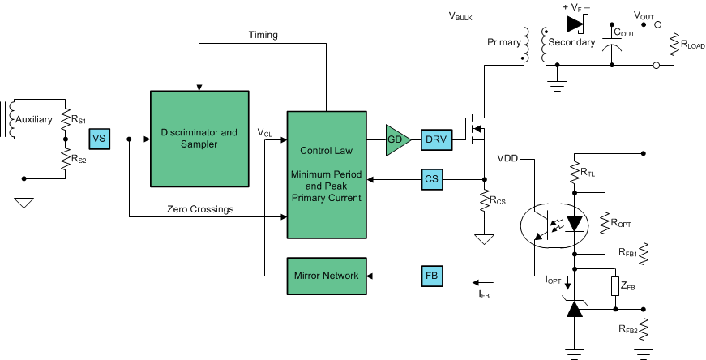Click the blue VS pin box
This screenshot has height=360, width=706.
click(99, 139)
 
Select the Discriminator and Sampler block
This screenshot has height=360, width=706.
click(199, 139)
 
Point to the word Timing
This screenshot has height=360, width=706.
click(263, 35)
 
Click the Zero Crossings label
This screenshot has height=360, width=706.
click(199, 209)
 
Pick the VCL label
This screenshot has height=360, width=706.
click(265, 132)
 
